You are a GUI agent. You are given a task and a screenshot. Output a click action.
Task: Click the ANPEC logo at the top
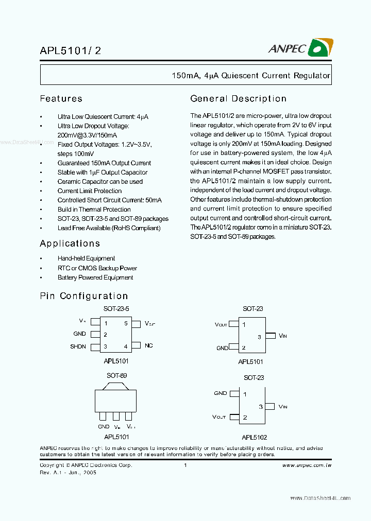(300, 48)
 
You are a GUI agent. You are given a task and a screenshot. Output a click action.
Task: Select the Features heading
(61, 98)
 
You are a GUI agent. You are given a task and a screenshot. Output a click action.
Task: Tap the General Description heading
(238, 98)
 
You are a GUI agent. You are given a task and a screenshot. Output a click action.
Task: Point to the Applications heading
(70, 244)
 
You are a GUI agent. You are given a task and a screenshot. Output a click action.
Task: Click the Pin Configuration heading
(83, 296)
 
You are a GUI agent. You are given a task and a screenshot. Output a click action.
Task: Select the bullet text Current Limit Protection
(90, 191)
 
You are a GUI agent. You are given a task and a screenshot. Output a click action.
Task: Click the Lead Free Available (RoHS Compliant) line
(109, 228)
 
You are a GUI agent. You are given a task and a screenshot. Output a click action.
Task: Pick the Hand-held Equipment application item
(86, 258)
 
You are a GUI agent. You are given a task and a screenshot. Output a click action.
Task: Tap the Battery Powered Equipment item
(95, 277)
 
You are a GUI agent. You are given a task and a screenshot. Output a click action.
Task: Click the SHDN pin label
(78, 346)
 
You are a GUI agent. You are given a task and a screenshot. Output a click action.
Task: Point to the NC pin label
(148, 345)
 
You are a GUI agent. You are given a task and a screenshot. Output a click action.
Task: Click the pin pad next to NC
(136, 345)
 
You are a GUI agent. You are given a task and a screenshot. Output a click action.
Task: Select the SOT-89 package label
(116, 376)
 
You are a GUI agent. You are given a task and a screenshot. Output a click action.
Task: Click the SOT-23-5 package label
(116, 309)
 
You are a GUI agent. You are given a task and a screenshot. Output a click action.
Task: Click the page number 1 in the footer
(184, 465)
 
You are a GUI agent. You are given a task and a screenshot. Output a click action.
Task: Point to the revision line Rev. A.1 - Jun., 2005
(68, 472)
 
